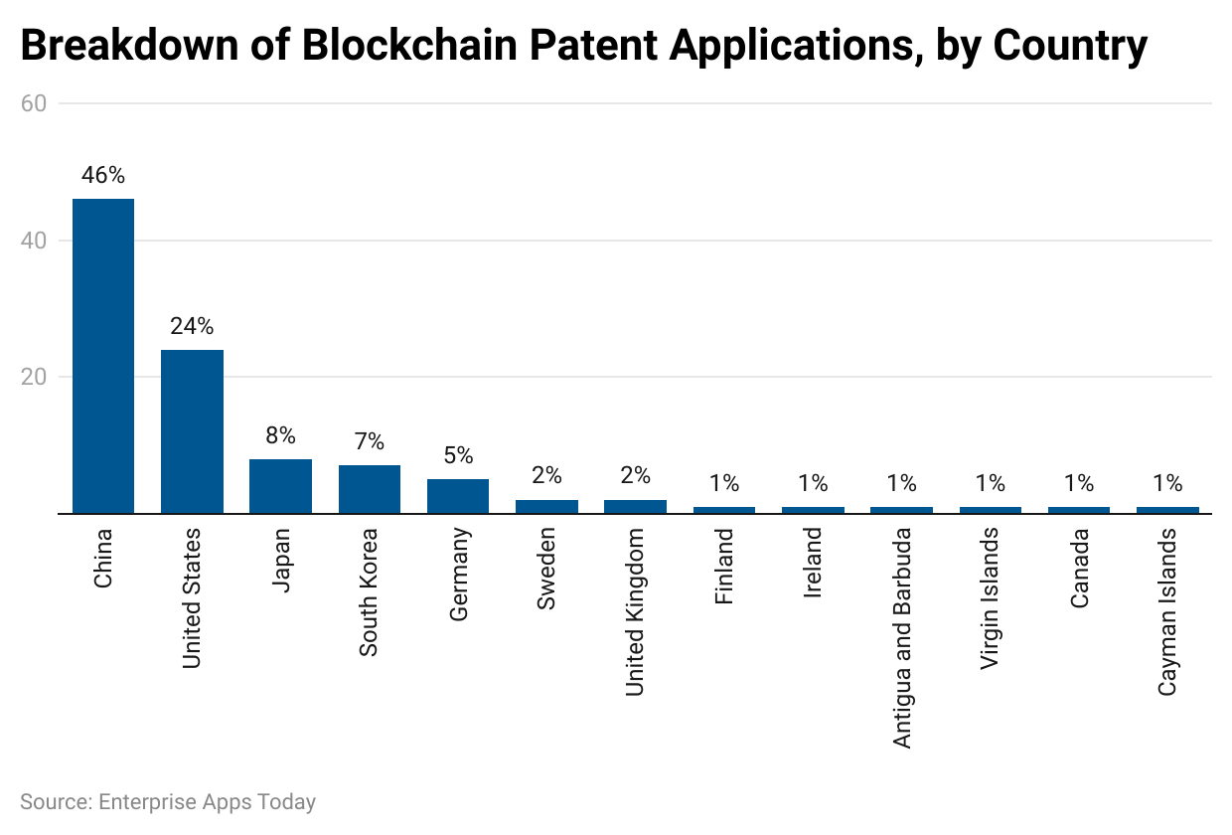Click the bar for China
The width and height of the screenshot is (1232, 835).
tap(103, 356)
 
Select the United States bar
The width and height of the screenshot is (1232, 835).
tap(192, 431)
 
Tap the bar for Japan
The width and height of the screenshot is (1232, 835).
tap(280, 486)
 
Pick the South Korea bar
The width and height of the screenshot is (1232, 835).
tap(369, 489)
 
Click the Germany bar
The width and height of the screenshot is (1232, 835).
tap(458, 496)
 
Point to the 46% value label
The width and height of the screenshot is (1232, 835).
tap(103, 176)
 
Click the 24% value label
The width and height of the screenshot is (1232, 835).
tap(192, 327)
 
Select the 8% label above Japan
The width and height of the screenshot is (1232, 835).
tap(280, 436)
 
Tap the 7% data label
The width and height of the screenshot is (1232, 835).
tap(369, 442)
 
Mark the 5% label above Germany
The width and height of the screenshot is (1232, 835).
tap(458, 456)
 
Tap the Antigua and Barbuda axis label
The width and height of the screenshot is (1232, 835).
tap(902, 637)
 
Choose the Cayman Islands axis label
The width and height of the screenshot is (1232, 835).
tap(1168, 611)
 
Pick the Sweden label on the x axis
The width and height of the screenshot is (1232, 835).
tap(547, 569)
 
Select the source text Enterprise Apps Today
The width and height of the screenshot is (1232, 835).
tap(207, 801)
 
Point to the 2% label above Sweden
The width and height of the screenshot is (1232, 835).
tap(546, 476)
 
